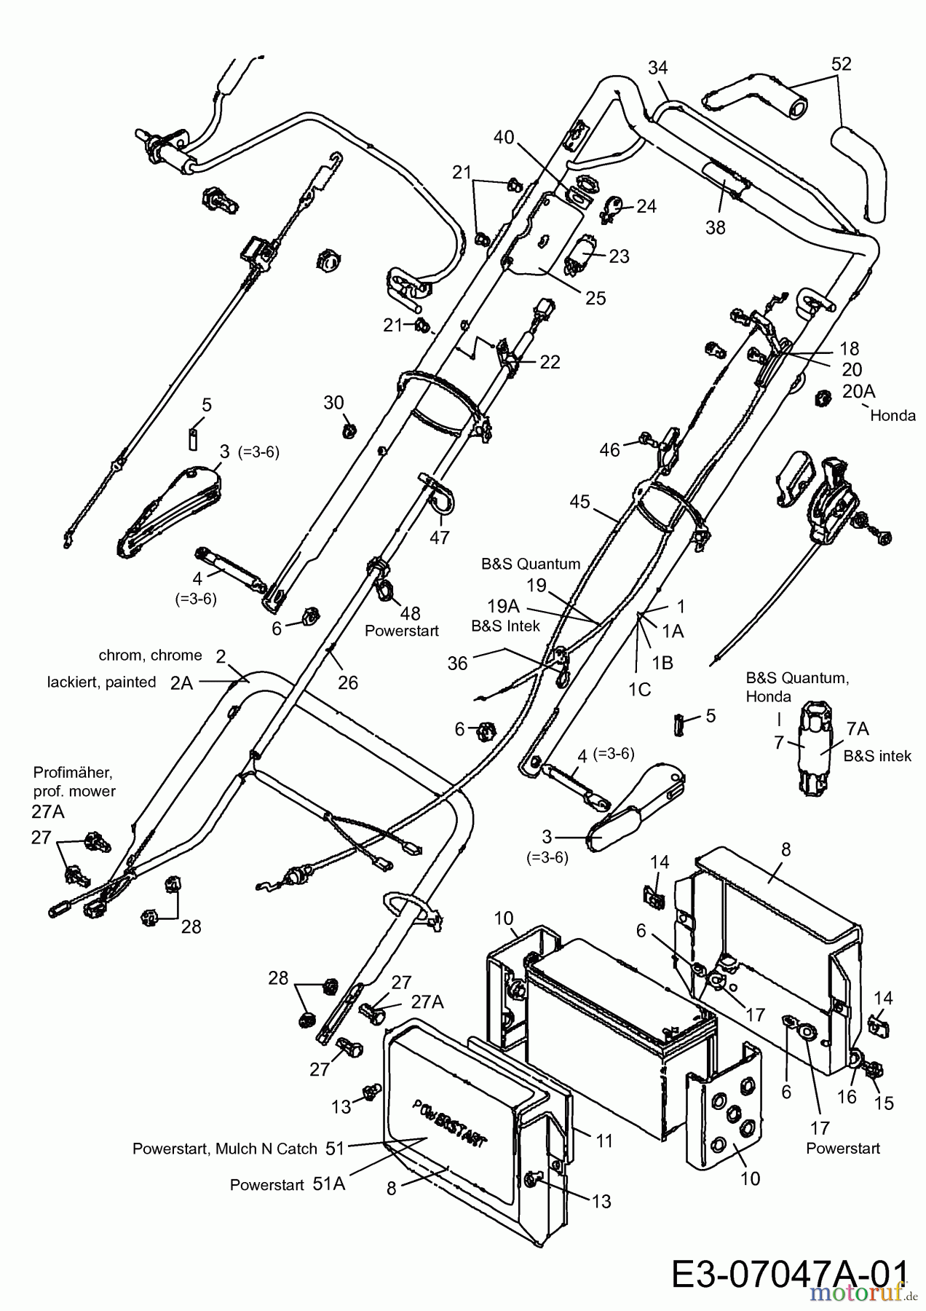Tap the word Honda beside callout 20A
tap(893, 416)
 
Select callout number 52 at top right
tap(841, 64)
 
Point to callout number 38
tap(716, 227)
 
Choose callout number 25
tap(595, 298)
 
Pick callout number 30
tap(333, 403)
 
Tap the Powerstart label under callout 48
tap(402, 631)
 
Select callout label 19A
tap(503, 606)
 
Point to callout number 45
tap(580, 502)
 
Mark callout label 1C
tap(639, 688)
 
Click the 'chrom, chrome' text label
tap(150, 655)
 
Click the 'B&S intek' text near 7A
tap(877, 756)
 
